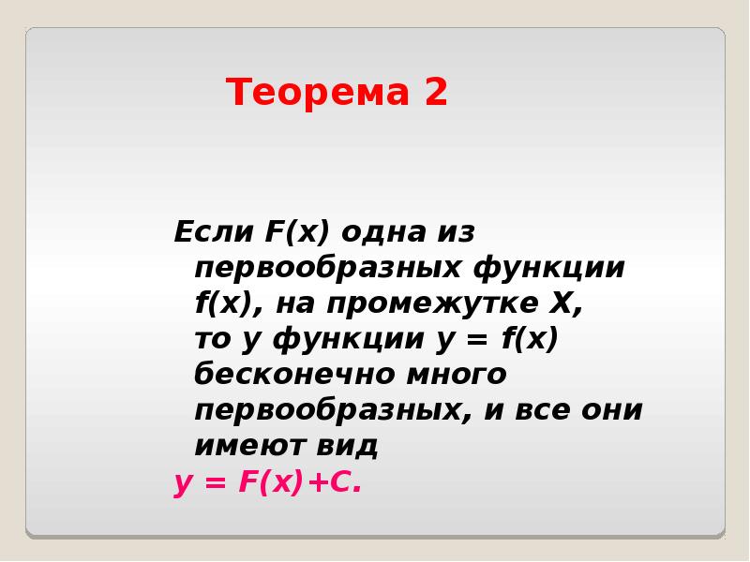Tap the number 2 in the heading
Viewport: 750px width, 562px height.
pos(434,93)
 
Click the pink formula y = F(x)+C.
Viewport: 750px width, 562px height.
pos(267,483)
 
